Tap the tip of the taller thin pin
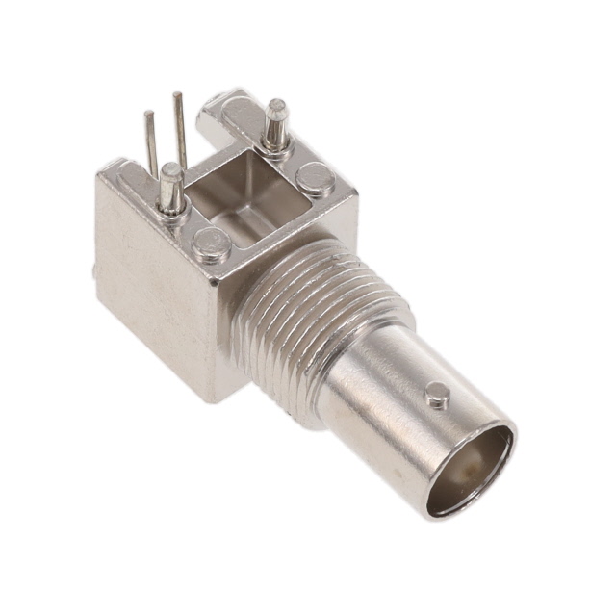[x=177, y=95]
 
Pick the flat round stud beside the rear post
[x=315, y=177]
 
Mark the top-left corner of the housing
[x=98, y=177]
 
